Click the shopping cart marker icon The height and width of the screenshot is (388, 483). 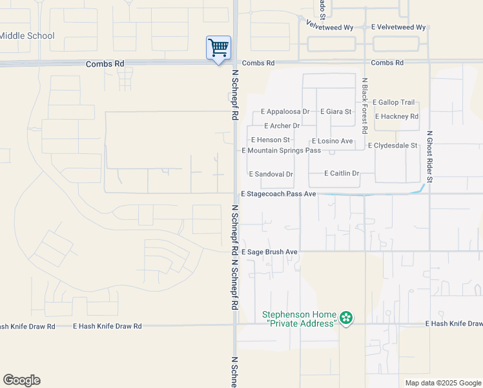coord(218,48)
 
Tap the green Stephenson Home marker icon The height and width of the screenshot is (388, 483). coord(347,317)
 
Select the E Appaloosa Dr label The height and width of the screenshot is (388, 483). coord(285,112)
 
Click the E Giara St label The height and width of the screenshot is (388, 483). coord(336,112)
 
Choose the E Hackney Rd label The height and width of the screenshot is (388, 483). coord(396,116)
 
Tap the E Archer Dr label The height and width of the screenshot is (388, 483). coord(282,126)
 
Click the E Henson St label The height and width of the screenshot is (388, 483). coord(271,140)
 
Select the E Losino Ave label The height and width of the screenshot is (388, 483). coord(332,141)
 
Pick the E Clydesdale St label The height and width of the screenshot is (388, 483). coord(393,145)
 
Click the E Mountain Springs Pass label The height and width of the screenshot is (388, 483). coord(281,151)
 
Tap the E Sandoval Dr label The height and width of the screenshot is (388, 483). coord(271,175)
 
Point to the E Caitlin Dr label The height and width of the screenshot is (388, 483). coord(341,173)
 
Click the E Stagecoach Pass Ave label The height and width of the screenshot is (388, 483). coord(278,194)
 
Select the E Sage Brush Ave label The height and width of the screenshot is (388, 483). coord(269,252)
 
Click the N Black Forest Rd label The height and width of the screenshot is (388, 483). coord(365,105)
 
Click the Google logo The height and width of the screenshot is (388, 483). coord(21,380)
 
